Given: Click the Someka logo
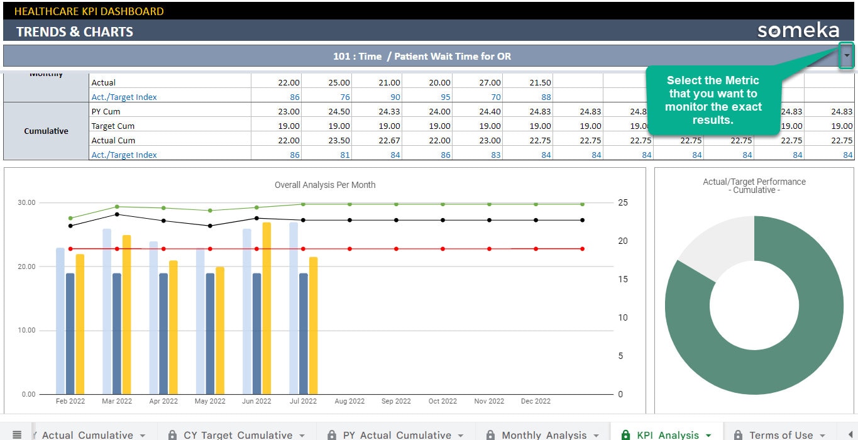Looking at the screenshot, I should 798,31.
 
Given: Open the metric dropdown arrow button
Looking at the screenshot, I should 847,56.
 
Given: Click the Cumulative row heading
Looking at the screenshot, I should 47,131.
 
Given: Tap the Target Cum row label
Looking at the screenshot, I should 113,126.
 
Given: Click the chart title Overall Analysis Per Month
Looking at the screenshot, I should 325,185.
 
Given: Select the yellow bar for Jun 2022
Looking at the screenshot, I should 267,308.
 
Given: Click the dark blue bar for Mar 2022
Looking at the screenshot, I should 117,333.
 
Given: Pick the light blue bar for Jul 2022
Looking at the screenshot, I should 294,308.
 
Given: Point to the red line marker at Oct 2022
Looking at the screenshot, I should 443,249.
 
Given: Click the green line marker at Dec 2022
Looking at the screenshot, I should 582,204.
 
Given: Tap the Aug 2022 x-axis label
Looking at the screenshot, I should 349,401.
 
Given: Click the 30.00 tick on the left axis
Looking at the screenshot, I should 26,203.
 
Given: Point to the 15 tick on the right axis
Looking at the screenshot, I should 623,279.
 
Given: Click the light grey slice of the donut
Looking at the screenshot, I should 717,242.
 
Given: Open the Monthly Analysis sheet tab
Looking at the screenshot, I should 544,434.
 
